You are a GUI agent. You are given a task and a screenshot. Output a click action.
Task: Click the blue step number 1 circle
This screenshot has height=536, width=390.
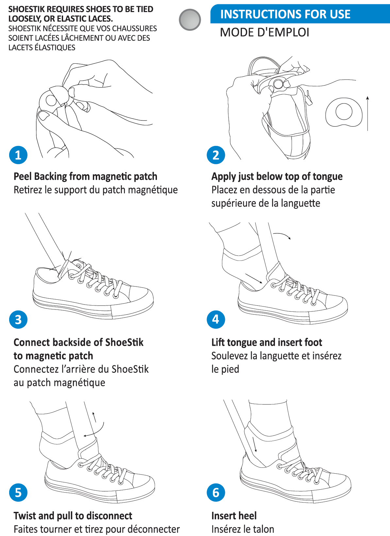(18, 155)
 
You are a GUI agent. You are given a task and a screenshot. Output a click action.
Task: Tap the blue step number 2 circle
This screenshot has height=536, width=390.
(216, 155)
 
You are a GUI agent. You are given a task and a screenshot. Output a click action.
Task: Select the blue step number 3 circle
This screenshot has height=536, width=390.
(18, 320)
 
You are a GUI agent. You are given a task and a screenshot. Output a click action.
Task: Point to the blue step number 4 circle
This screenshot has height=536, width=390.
(216, 320)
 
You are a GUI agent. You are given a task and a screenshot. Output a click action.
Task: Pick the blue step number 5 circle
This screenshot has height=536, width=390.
(18, 493)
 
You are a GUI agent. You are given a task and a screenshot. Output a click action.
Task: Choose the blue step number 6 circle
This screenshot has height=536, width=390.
(216, 493)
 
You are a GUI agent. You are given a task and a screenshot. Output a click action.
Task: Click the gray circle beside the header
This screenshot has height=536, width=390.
(190, 20)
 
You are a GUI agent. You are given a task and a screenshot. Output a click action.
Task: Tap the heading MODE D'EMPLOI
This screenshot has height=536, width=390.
(264, 32)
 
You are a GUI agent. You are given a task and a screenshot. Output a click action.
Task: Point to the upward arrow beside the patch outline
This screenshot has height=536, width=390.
(367, 113)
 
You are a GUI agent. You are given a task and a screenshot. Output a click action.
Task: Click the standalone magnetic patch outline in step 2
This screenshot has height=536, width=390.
(344, 112)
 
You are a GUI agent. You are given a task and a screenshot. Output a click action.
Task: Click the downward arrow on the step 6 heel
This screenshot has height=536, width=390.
(255, 445)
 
